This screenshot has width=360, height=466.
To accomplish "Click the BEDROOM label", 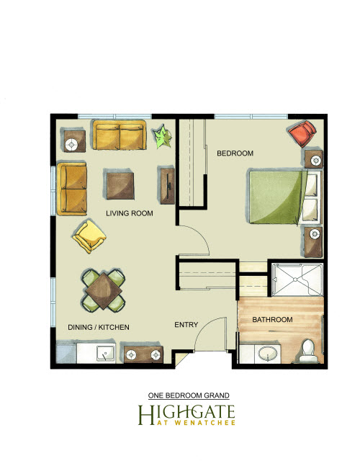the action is tap(235, 153).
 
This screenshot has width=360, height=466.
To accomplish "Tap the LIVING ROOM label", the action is tap(130, 213).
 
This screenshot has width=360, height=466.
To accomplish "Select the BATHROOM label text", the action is tap(272, 320).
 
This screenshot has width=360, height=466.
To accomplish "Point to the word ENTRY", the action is tap(186, 325).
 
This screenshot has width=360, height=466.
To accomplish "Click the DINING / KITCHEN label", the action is tap(99, 327).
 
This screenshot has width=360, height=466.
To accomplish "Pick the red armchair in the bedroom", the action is tap(302, 133).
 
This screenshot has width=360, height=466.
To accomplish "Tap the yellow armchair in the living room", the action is tap(89, 236).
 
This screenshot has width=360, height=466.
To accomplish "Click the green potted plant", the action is tap(162, 136).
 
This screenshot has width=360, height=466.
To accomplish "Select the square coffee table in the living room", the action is tap(120, 186).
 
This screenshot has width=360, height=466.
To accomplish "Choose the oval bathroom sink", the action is tap(268, 354).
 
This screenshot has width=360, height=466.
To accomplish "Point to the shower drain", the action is tap(295, 279).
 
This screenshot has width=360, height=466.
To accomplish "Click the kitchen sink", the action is tap(106, 354).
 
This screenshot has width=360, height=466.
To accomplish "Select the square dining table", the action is tap(103, 290).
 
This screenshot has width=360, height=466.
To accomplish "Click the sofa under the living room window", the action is tap(120, 135).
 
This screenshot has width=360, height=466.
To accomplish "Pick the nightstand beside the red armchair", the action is tap(314, 159).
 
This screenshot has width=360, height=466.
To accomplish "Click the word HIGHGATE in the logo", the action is tap(186, 412).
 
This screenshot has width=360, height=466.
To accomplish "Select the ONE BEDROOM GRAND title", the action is tap(189, 395).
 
